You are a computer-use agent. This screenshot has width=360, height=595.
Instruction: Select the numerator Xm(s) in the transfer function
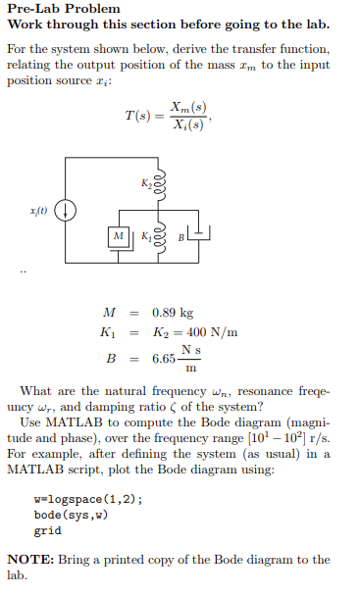click(x=188, y=106)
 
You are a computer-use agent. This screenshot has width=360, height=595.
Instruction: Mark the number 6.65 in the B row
click(x=164, y=359)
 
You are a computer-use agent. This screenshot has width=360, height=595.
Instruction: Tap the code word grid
click(x=47, y=530)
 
